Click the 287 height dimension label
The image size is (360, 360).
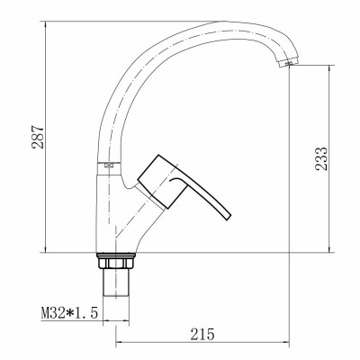(x=38, y=137)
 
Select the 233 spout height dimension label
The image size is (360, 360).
(x=321, y=158)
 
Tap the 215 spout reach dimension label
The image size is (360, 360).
(x=202, y=334)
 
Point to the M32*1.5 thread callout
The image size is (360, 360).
(x=69, y=313)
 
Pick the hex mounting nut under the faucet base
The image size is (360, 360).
(x=115, y=263)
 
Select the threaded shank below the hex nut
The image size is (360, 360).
(x=116, y=282)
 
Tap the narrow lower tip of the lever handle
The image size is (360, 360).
(x=226, y=216)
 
